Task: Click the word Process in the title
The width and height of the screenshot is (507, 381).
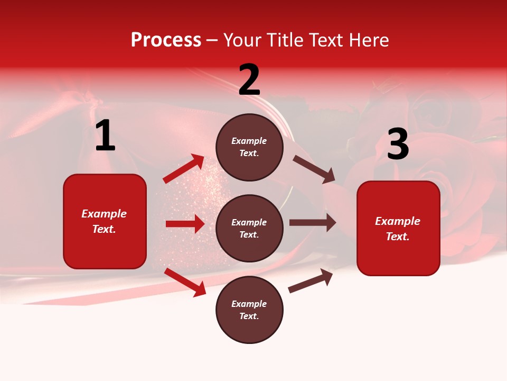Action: click(166, 40)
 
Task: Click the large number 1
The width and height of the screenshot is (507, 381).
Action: click(105, 136)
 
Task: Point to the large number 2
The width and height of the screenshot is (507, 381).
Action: click(249, 80)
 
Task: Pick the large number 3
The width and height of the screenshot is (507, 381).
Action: click(398, 144)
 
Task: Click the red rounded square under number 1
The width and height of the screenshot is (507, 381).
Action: click(105, 221)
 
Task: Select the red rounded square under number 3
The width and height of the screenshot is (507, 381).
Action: click(398, 229)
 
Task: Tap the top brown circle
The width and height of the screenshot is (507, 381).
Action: click(249, 147)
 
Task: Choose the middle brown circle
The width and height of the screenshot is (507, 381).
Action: click(249, 229)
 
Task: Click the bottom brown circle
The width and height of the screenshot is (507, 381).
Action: click(249, 310)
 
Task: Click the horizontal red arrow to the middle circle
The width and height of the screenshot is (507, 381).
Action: click(185, 224)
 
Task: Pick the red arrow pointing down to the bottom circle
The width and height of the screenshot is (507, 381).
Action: click(185, 282)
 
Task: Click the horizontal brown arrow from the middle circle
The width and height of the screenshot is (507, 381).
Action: click(313, 223)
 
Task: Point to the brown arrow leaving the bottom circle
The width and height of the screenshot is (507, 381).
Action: click(311, 280)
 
